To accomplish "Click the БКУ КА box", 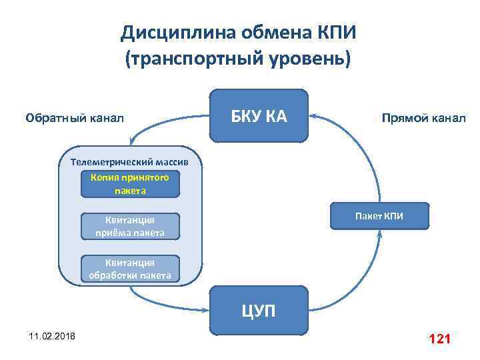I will tap(259, 116).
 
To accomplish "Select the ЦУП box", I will tap(259, 311).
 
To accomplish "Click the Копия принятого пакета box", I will tap(131, 184).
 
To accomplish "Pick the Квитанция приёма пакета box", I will tap(131, 227).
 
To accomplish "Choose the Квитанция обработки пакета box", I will tap(131, 269).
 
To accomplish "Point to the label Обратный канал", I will tap(75, 119).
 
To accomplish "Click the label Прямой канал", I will tap(424, 119).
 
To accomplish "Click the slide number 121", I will tap(441, 339).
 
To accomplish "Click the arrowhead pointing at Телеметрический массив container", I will tap(134, 142).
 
